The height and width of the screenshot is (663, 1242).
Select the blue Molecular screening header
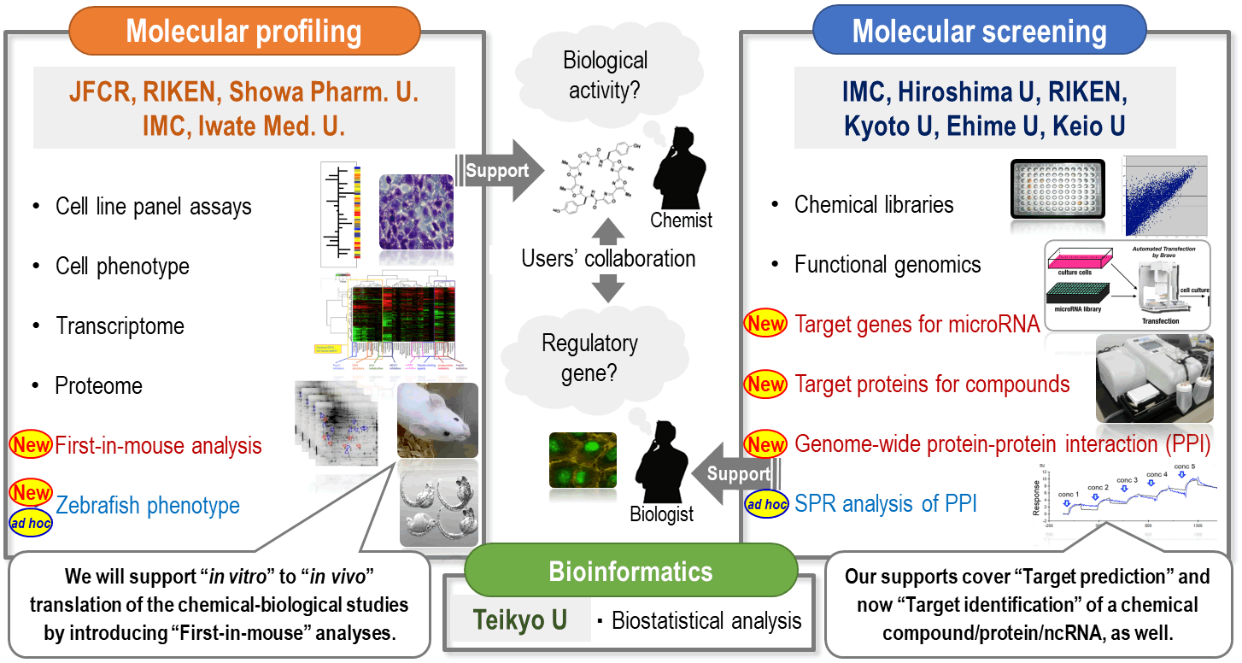tap(979, 32)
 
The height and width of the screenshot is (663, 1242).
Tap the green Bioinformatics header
tap(630, 572)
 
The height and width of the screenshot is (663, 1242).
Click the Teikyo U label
tap(521, 619)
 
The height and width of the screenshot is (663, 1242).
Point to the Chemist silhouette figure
tap(679, 171)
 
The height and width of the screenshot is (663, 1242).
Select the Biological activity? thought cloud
tap(605, 73)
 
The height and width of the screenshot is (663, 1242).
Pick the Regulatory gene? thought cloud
tap(589, 357)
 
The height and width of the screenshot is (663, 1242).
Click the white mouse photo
tap(437, 420)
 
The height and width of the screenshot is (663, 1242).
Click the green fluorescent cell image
tap(583, 460)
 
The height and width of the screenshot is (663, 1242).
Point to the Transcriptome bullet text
tap(120, 326)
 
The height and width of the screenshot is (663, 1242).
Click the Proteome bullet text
tap(98, 386)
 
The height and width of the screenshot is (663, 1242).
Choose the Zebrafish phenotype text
tap(148, 506)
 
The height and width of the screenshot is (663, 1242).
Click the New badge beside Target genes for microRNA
tap(765, 324)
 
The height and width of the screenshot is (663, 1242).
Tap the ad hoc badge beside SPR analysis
tap(766, 505)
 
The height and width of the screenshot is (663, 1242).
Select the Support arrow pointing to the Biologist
tap(732, 472)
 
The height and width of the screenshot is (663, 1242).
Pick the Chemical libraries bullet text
tap(874, 205)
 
